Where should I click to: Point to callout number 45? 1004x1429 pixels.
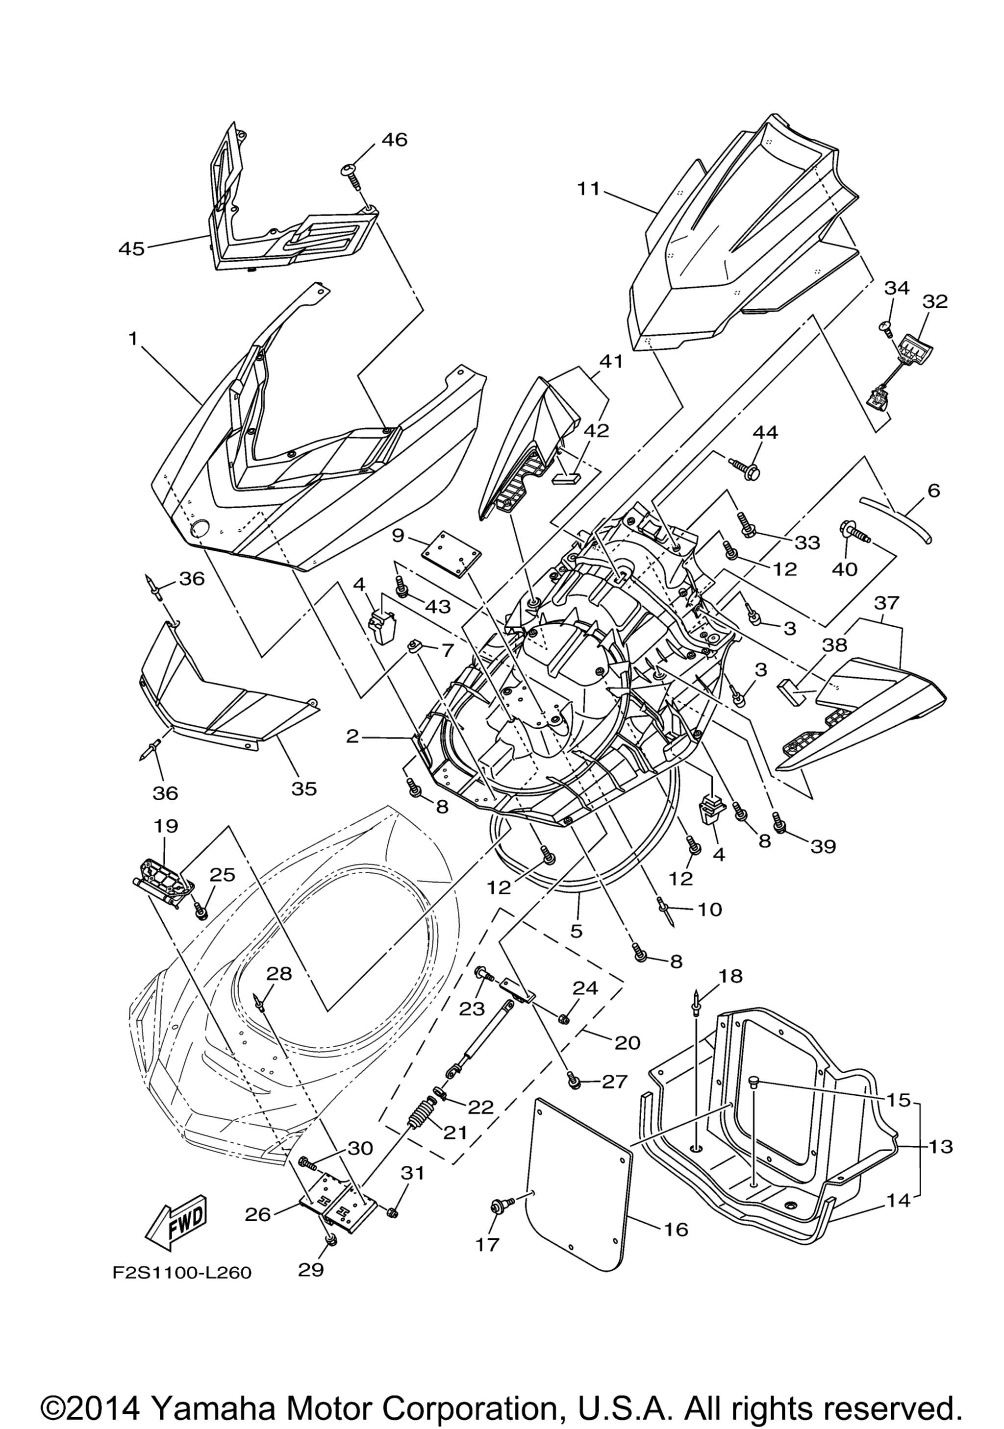pos(131,249)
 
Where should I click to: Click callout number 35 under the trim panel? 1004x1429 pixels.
pos(304,788)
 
